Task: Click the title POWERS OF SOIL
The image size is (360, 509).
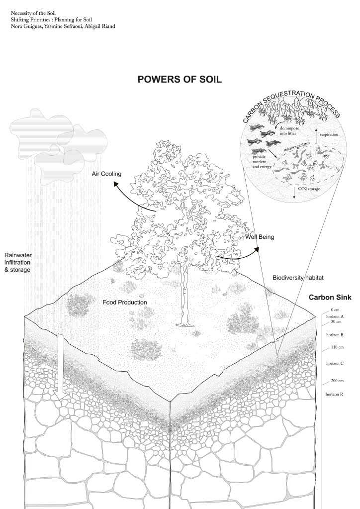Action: tap(180, 80)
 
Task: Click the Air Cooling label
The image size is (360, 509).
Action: tap(106, 174)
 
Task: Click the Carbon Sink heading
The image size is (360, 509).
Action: tap(330, 298)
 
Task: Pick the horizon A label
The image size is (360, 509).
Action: tap(335, 316)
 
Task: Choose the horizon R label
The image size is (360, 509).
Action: tap(335, 394)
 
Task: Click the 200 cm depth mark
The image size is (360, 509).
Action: tap(338, 381)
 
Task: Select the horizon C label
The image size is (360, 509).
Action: tap(335, 363)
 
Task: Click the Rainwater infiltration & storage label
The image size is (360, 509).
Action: tap(18, 261)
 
